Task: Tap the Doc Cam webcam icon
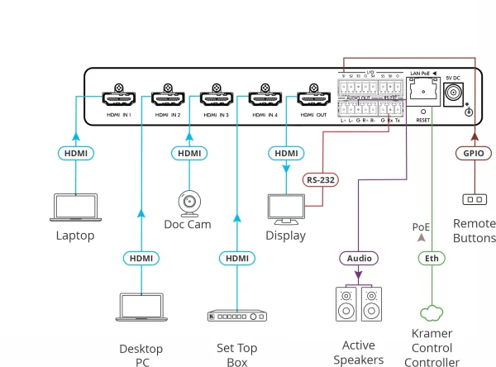[x=189, y=202]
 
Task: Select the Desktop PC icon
[x=141, y=307]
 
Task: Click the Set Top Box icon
[x=236, y=317]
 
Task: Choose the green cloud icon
[x=431, y=313]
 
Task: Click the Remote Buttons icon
[x=473, y=199]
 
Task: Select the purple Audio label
[x=358, y=258]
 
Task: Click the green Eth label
[x=431, y=258]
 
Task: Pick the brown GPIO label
[x=473, y=153]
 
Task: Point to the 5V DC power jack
[x=453, y=94]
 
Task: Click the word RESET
[x=422, y=120]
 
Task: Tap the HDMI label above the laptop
[x=75, y=153]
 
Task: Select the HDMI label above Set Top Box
[x=236, y=258]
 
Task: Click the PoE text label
[x=422, y=226]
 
